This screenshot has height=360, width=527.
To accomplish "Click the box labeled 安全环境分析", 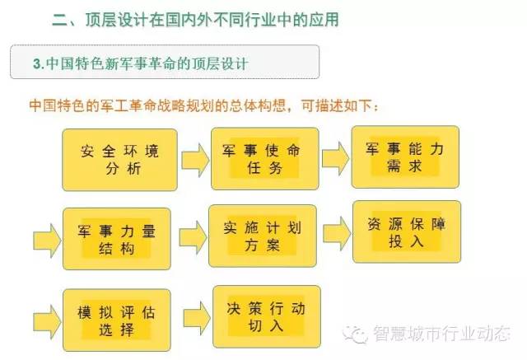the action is coord(119,160).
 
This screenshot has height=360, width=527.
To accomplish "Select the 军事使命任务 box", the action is coord(265,159).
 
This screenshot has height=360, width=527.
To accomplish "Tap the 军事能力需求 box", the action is coord(405,157).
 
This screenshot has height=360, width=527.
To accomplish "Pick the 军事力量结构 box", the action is coord(117,239).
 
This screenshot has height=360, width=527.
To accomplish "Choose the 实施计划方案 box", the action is coord(263,236).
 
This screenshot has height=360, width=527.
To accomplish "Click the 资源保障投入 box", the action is coord(407,232).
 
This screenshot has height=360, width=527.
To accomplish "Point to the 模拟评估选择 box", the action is coord(117,320).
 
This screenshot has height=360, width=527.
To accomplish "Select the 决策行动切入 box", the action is coord(267,316).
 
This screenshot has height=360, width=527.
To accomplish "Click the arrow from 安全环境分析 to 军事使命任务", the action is coord(195,161).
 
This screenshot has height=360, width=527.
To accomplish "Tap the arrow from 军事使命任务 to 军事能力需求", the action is coord(336,159).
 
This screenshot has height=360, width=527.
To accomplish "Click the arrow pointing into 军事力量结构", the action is coord(47,241).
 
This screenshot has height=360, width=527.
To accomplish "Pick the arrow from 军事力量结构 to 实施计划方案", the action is coord(193,237).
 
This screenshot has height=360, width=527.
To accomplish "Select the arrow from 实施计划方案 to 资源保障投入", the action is coord(337,234).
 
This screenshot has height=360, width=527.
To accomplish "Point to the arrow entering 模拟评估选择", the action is coord(47,322).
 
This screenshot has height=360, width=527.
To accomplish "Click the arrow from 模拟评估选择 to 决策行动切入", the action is coord(197,318).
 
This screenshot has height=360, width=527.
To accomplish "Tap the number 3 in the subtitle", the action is coord(36,63).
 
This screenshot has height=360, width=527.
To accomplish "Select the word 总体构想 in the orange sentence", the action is coord(258,105).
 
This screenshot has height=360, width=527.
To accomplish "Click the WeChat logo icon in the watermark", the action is coord(355,334).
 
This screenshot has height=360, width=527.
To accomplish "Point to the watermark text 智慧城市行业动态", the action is coord(441,333).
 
